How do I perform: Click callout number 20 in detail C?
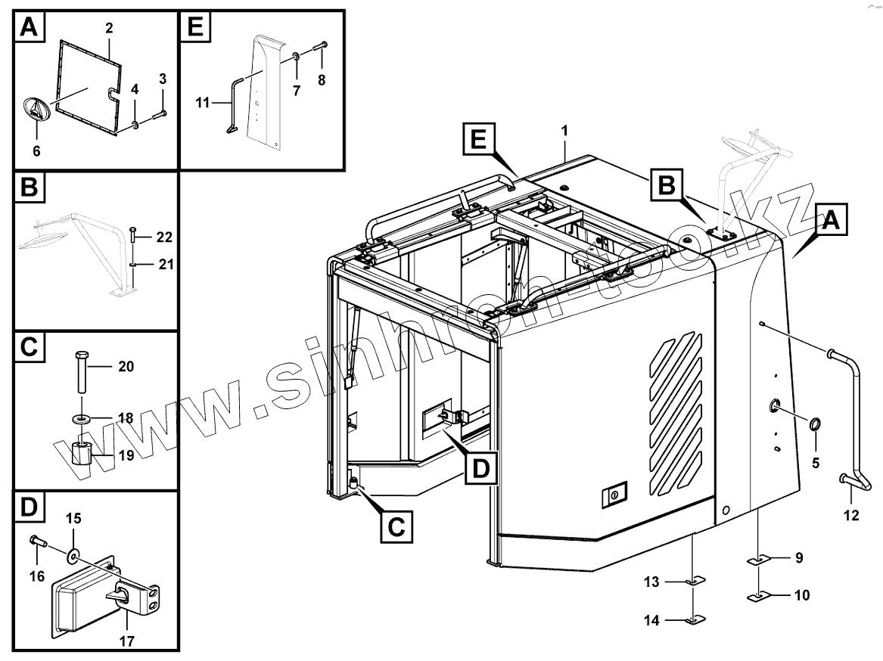click(x=126, y=366)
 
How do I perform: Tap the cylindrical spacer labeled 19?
click(x=82, y=454)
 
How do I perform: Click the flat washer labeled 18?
click(x=81, y=418)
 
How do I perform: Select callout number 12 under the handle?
click(x=851, y=516)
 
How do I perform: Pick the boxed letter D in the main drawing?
click(x=480, y=468)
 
